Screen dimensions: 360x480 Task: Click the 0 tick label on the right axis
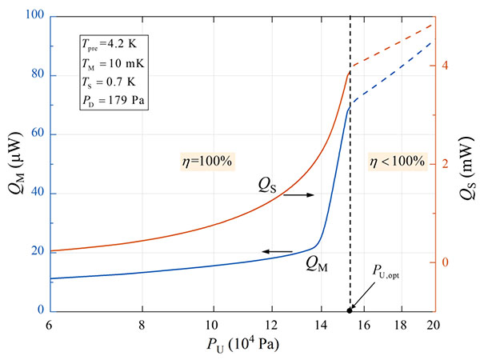point(446,262)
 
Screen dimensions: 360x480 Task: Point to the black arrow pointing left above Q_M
point(277,251)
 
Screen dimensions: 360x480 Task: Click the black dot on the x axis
point(350,310)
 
